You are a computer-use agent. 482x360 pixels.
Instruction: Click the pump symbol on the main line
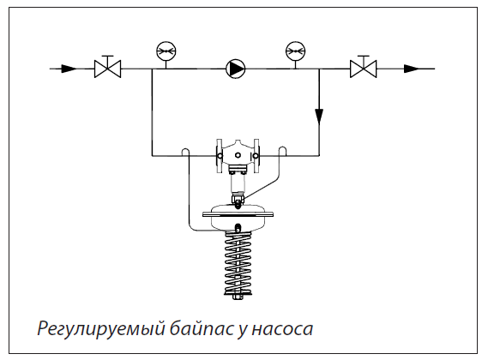coord(236,69)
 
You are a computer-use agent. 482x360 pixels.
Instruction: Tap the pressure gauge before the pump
coord(166,51)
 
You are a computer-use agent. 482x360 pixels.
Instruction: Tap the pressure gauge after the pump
coord(295,51)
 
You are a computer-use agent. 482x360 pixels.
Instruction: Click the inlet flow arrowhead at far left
coord(69,69)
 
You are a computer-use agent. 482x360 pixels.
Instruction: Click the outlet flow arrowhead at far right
coord(412,69)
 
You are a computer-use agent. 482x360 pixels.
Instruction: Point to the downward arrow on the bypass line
coord(319,117)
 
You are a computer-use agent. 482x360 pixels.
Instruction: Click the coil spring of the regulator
coord(238,263)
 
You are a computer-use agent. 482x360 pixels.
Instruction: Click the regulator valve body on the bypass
coord(238,155)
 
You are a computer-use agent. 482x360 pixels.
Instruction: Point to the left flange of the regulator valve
coord(220,156)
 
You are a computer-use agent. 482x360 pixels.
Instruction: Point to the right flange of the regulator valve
coord(256,156)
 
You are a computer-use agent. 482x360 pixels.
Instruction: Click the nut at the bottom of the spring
coord(238,297)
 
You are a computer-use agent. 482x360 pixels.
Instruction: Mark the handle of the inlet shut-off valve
coord(107,57)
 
